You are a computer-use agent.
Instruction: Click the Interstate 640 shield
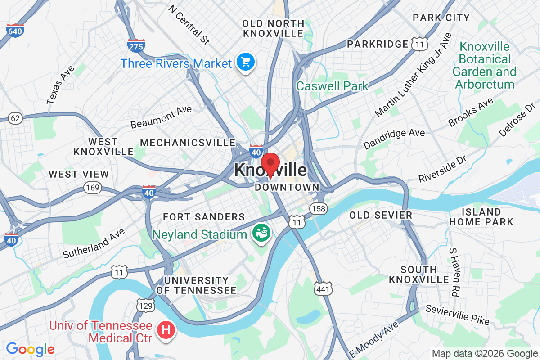point(15,30)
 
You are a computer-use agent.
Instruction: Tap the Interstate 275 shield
point(136,45)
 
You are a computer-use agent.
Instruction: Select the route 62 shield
point(15,118)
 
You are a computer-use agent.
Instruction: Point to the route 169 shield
point(93,188)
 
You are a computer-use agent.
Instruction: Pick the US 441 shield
point(323,289)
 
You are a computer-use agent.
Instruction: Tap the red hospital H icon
point(166,330)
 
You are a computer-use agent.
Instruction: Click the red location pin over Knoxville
point(270,164)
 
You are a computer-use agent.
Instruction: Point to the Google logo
point(30,348)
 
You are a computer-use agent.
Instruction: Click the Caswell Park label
point(332,86)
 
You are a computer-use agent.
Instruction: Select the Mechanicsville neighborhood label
point(188,143)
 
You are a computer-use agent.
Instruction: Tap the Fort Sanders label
point(204,217)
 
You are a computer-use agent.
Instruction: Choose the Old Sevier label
point(381,215)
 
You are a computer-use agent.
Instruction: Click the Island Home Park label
point(481,217)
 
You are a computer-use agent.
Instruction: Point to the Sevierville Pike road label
point(457,314)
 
